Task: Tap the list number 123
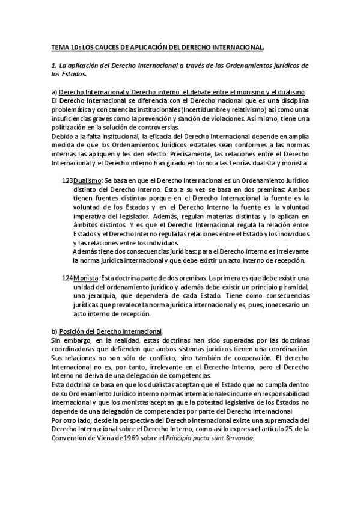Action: tap(67, 180)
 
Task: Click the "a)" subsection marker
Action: tap(54, 92)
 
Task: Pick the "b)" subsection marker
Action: tap(54, 331)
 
